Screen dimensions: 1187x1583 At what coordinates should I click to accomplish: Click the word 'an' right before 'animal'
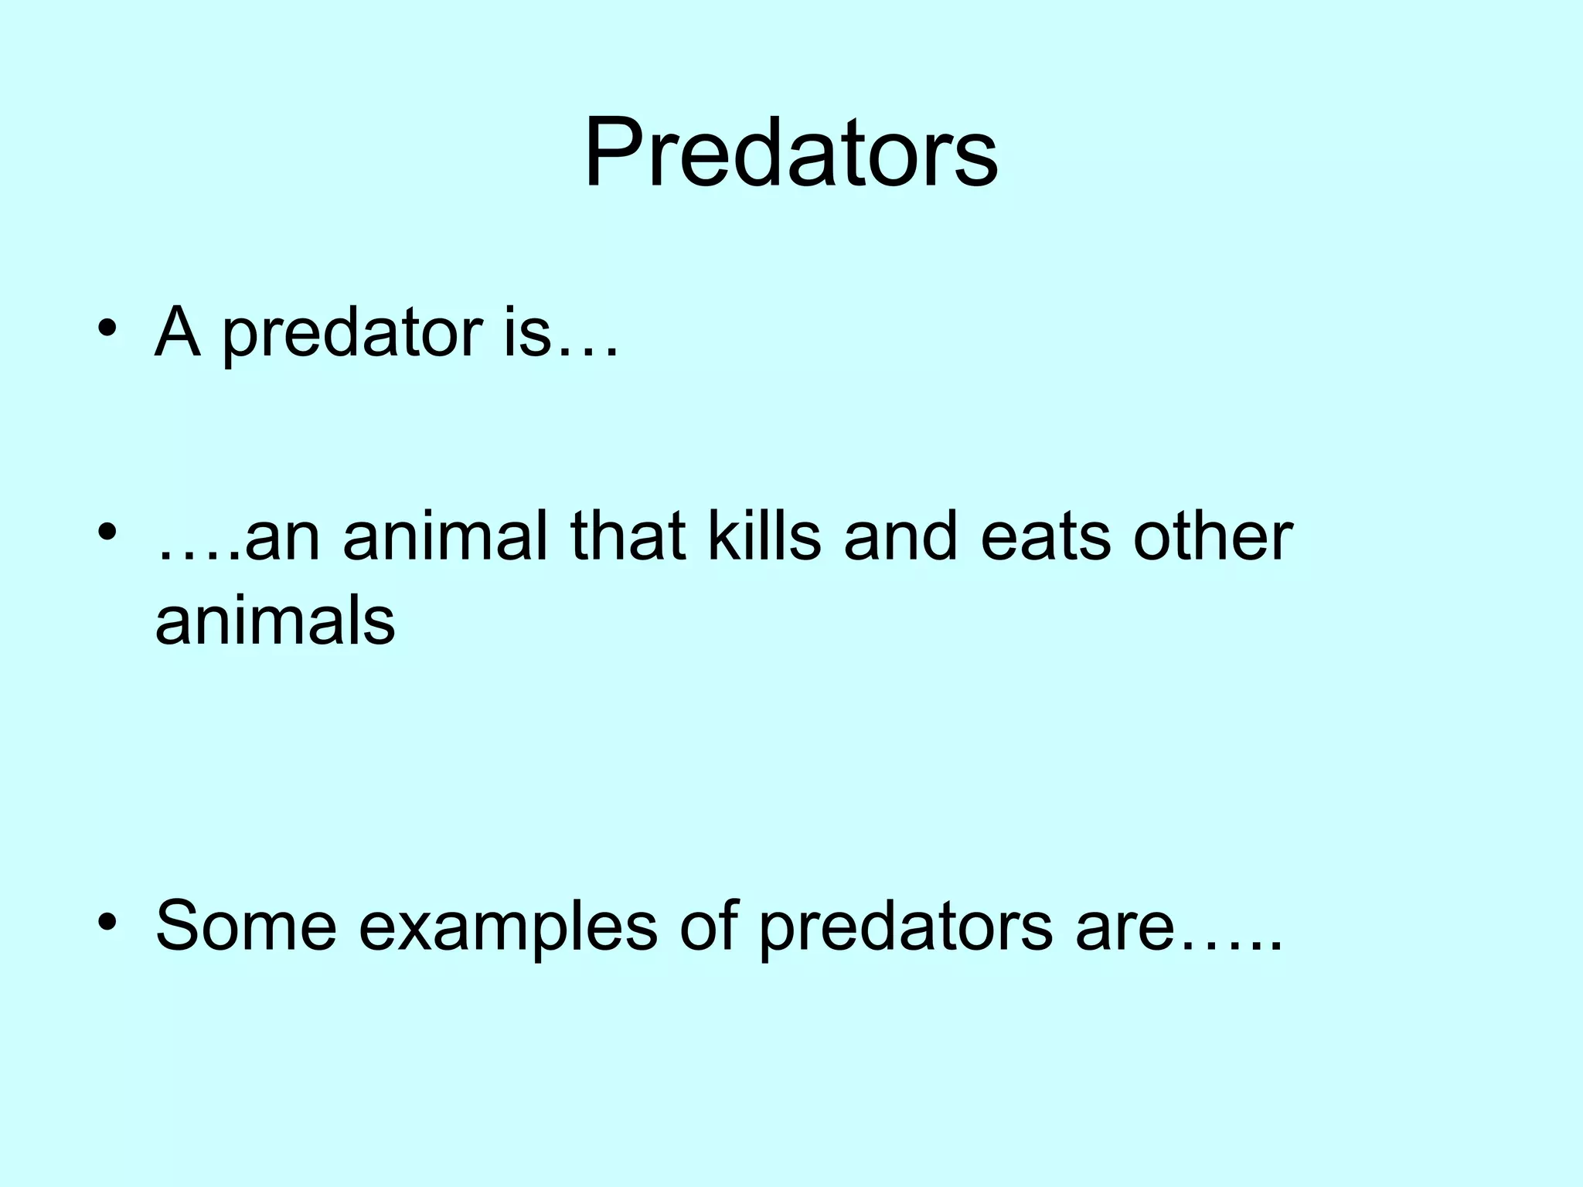point(282,538)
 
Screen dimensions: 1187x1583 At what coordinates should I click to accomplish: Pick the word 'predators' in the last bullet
point(905,927)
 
